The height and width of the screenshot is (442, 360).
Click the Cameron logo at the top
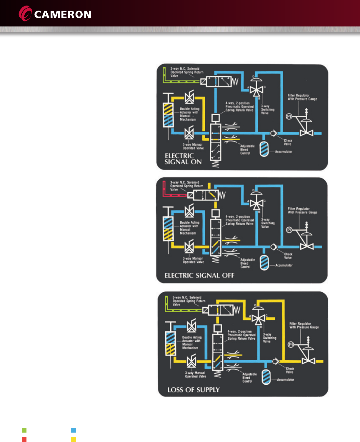click(55, 14)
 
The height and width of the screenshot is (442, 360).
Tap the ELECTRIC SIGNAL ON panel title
click(183, 159)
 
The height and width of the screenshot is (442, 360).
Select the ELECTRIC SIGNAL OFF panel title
click(199, 276)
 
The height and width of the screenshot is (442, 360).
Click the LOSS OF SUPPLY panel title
click(194, 390)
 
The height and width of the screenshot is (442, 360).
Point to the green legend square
click(24, 430)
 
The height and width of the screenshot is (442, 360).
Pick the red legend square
click(24, 440)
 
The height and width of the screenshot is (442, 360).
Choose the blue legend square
click(74, 430)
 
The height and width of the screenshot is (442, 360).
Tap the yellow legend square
click(74, 440)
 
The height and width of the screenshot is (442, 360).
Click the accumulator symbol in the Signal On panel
click(264, 149)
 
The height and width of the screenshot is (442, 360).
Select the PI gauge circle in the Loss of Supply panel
click(291, 345)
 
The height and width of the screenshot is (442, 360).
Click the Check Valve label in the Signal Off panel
click(288, 256)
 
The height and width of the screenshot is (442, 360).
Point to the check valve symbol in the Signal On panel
click(273, 134)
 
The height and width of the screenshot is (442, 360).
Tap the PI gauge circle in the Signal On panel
click(289, 116)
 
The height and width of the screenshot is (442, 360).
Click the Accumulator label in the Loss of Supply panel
click(286, 380)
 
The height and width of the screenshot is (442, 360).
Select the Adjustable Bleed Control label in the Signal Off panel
click(247, 263)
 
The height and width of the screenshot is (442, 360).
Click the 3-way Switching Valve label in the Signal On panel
click(268, 109)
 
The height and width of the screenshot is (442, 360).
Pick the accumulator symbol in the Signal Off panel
click(264, 262)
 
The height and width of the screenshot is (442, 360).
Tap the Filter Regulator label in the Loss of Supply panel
click(304, 325)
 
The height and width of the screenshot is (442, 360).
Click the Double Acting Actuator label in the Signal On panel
click(189, 114)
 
